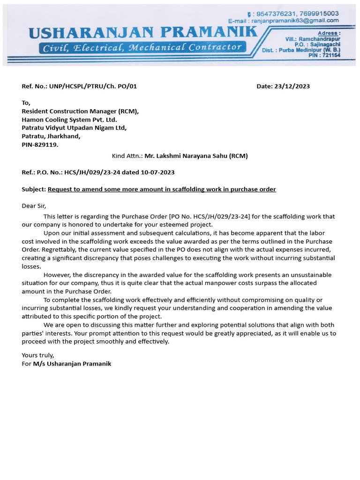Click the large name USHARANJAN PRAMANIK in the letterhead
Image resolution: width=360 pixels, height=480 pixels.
(143, 33)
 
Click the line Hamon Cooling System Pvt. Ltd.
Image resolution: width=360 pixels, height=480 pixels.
(69, 120)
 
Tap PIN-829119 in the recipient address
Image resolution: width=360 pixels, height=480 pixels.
(40, 145)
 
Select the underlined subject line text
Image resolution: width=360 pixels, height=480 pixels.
(162, 189)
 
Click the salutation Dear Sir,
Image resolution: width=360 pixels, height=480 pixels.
(34, 206)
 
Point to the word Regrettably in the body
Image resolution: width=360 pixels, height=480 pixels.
(60, 249)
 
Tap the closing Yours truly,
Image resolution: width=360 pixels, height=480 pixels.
(38, 355)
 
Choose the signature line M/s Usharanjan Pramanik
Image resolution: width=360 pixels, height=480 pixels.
(72, 364)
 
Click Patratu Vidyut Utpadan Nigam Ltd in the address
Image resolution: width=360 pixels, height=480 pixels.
(74, 128)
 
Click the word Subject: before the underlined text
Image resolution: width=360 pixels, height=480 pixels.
(34, 189)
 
